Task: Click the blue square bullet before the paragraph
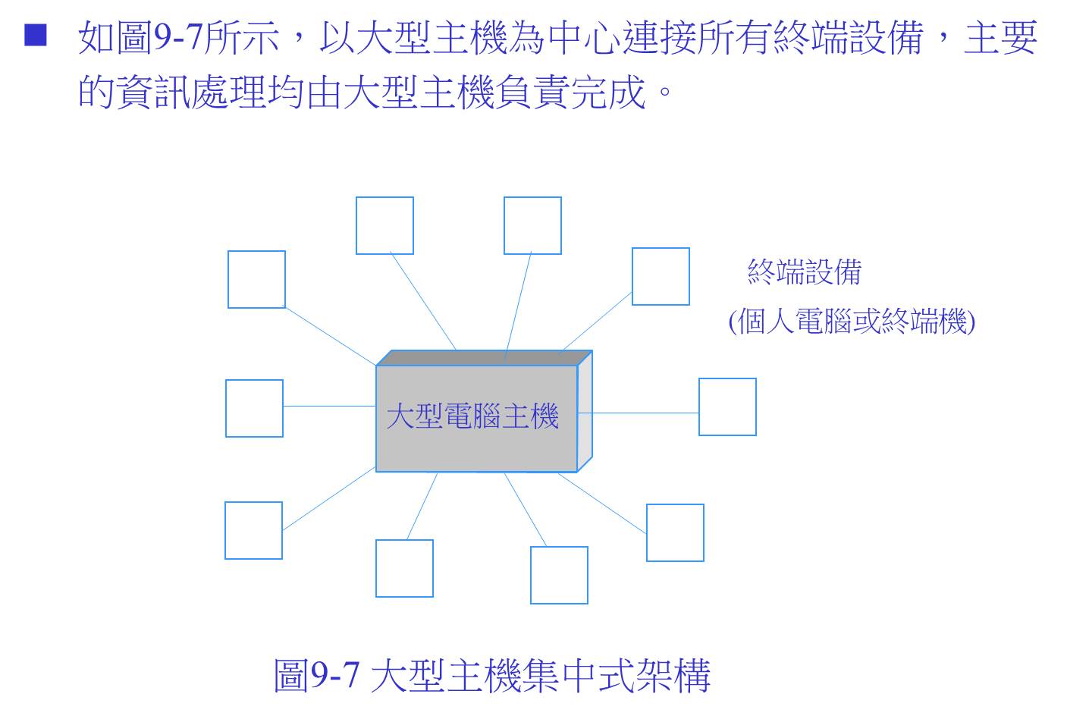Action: click(x=36, y=35)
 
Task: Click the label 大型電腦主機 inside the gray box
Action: click(x=472, y=416)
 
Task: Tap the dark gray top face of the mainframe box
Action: click(x=485, y=358)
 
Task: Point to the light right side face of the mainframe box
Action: click(x=585, y=411)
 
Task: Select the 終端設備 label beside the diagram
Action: click(x=805, y=272)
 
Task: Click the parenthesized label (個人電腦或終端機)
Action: click(x=852, y=321)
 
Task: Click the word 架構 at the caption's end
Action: click(x=673, y=676)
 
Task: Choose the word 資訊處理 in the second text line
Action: click(x=191, y=92)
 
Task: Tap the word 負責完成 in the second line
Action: click(x=570, y=92)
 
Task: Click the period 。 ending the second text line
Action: click(x=665, y=91)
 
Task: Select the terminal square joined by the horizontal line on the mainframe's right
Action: click(x=727, y=407)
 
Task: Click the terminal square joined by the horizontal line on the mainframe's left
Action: click(x=254, y=408)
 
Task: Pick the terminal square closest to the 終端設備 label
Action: click(x=661, y=276)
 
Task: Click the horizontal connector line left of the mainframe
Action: click(x=330, y=406)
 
